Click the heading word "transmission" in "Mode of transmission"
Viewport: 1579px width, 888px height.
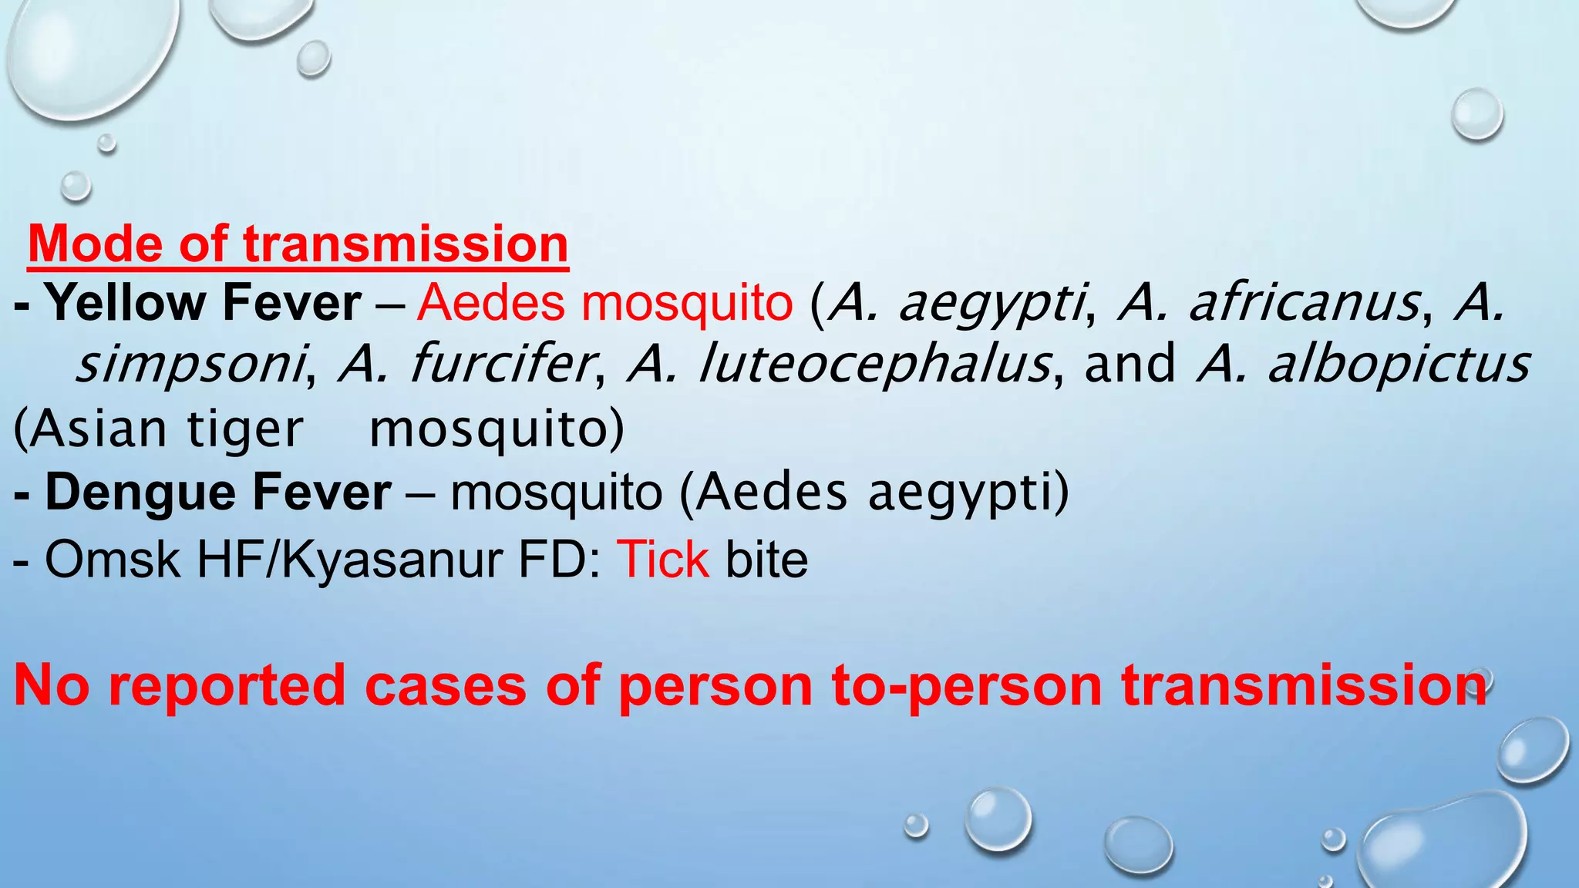406,244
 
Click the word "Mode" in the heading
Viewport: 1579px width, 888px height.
94,244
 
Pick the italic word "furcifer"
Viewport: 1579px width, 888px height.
501,365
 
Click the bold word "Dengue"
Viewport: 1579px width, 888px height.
147,493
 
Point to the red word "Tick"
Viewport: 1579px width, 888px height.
662,559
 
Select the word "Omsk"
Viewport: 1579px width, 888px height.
113,559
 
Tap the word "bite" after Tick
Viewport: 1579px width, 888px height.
766,559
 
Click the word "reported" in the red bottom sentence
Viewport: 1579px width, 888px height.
227,684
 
